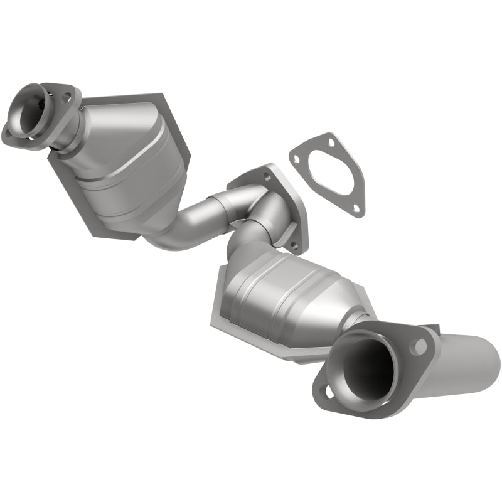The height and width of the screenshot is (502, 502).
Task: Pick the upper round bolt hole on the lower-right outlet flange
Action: click(417, 345)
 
